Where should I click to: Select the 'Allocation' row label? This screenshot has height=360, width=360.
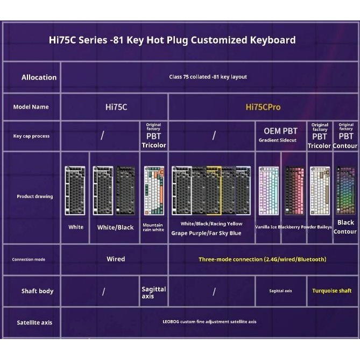[x=39, y=77]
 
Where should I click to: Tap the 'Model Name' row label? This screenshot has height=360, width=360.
[x=31, y=107]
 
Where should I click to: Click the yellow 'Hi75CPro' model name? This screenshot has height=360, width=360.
[x=263, y=107]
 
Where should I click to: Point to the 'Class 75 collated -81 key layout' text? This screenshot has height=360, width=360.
[x=208, y=77]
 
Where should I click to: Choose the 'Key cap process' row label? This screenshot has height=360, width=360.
[x=31, y=136]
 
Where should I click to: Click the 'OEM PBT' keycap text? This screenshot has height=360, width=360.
[x=280, y=131]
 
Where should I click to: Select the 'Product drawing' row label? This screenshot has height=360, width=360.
[x=34, y=196]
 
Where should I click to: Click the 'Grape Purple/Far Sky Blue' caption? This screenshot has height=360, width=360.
[x=206, y=233]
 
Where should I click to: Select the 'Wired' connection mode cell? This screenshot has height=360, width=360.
[x=116, y=259]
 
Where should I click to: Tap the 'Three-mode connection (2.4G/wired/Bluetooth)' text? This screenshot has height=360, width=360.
[x=262, y=259]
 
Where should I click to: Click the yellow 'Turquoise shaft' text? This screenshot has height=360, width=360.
[x=332, y=291]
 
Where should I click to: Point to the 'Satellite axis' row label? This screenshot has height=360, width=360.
[x=34, y=322]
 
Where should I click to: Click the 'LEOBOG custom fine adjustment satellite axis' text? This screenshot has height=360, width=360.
[x=209, y=322]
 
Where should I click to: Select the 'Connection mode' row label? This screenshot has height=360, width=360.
[x=29, y=259]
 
